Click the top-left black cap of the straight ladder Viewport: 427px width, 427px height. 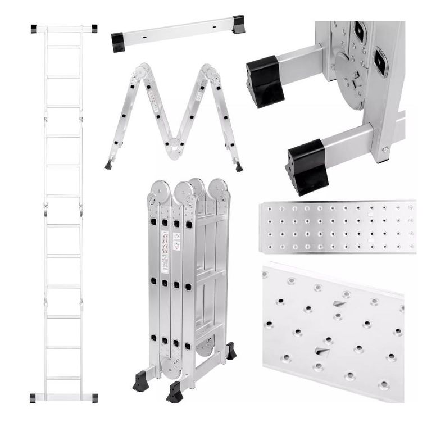click(34, 28)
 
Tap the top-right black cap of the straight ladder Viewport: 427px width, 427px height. click(94, 28)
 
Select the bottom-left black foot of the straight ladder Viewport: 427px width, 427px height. click(34, 397)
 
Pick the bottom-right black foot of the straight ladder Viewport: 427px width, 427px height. click(94, 397)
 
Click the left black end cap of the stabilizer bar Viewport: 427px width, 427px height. click(118, 42)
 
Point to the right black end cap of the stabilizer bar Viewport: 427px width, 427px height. click(238, 24)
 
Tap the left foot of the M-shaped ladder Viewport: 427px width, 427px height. click(107, 165)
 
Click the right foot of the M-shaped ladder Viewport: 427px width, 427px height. click(239, 167)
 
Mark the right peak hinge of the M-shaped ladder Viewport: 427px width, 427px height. click(210, 72)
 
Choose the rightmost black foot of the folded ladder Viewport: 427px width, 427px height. click(230, 351)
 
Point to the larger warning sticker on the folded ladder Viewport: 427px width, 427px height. click(165, 244)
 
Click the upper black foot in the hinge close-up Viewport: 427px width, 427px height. click(265, 81)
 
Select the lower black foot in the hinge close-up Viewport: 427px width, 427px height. click(307, 166)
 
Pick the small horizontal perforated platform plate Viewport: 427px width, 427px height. click(337, 226)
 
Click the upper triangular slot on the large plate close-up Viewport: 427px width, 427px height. click(339, 304)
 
